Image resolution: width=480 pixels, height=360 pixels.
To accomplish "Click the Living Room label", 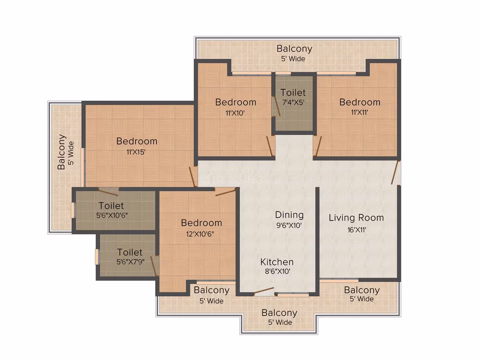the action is (356, 218).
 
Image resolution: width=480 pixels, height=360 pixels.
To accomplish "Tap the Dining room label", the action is (289, 215).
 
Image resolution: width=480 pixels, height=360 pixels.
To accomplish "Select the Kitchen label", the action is (277, 262).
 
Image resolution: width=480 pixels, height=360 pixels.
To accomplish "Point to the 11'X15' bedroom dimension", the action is (136, 152).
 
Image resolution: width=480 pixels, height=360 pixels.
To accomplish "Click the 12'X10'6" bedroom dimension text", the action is (200, 234).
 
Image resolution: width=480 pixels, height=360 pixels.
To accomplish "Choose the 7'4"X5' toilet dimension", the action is (293, 102).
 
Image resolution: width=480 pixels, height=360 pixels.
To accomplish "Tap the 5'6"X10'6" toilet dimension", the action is (112, 215).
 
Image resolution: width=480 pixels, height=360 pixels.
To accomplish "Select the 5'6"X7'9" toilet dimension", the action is (130, 262).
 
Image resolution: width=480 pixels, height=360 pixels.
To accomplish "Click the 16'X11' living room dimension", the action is (357, 230).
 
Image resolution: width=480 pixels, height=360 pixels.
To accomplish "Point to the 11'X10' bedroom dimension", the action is (235, 113).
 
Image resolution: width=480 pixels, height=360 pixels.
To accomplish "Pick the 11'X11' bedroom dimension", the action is (360, 113).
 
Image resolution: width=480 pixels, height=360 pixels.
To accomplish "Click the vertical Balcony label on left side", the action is (62, 152).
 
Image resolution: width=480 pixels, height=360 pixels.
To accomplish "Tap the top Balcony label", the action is (295, 49).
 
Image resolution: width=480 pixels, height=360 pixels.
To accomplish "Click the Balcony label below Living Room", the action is (362, 290).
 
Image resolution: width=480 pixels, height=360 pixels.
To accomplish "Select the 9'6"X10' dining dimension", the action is (289, 226).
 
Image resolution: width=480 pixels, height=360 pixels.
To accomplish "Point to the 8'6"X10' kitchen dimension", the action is (277, 271).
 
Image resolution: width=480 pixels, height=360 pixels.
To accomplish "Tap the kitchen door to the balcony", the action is (264, 291).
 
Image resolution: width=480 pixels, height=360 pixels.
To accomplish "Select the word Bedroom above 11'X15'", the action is (137, 141).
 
